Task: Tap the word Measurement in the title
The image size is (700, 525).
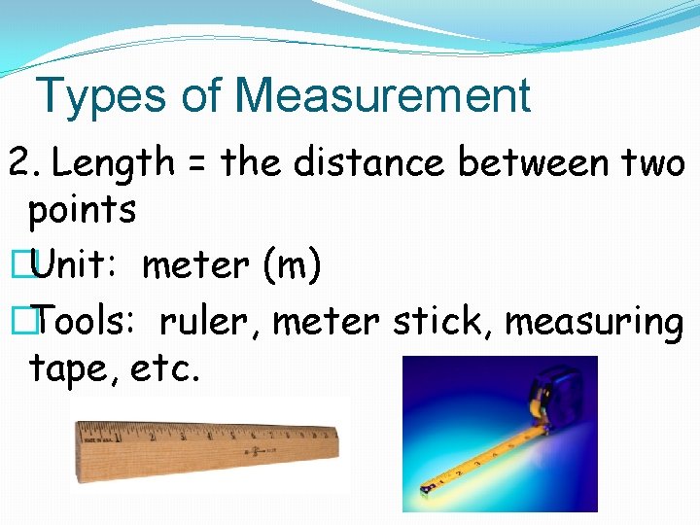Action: coord(382,96)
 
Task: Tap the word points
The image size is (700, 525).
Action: coord(82,210)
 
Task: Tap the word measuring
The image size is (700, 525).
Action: coord(594,322)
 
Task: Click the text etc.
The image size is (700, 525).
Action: coord(162,369)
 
